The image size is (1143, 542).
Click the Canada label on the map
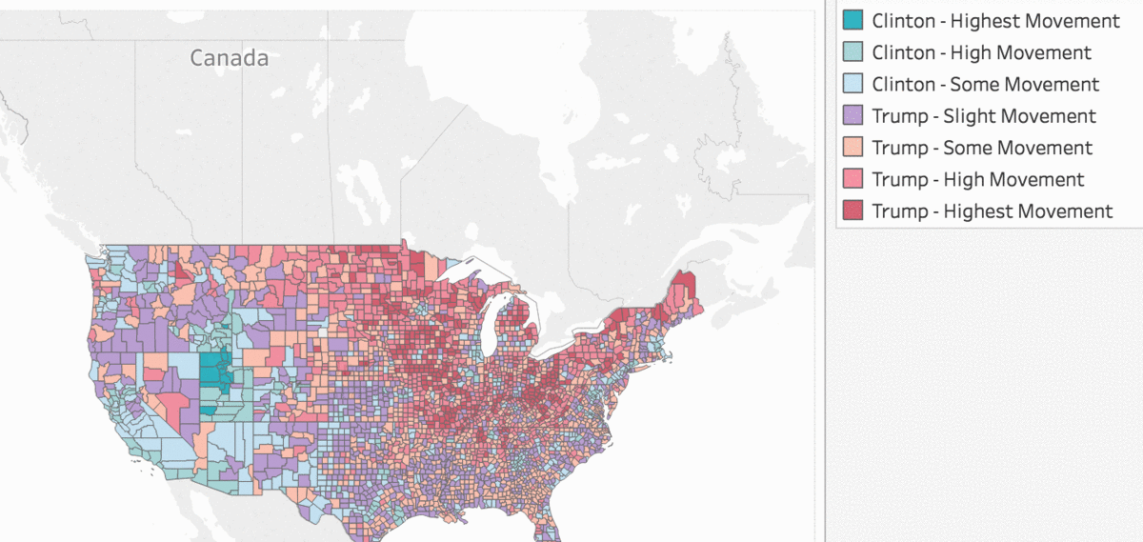tap(229, 58)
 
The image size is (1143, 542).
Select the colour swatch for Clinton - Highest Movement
tap(852, 20)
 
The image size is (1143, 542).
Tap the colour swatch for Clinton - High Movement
tap(852, 52)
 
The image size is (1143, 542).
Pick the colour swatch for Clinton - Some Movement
tap(852, 84)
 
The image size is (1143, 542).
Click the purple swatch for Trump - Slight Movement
tap(852, 116)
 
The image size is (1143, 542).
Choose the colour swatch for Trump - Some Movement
tap(852, 148)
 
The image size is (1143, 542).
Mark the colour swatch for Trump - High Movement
tap(852, 179)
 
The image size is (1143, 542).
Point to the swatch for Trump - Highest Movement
tap(852, 211)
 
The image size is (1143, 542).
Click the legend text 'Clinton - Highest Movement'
tap(995, 20)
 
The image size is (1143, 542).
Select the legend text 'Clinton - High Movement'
tap(981, 52)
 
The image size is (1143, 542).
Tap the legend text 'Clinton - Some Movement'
tap(985, 84)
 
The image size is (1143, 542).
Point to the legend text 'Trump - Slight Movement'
tap(984, 116)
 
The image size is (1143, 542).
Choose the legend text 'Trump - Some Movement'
tap(982, 148)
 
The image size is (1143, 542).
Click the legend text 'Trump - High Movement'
tap(977, 179)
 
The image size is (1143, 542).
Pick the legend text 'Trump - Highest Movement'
tap(992, 211)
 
